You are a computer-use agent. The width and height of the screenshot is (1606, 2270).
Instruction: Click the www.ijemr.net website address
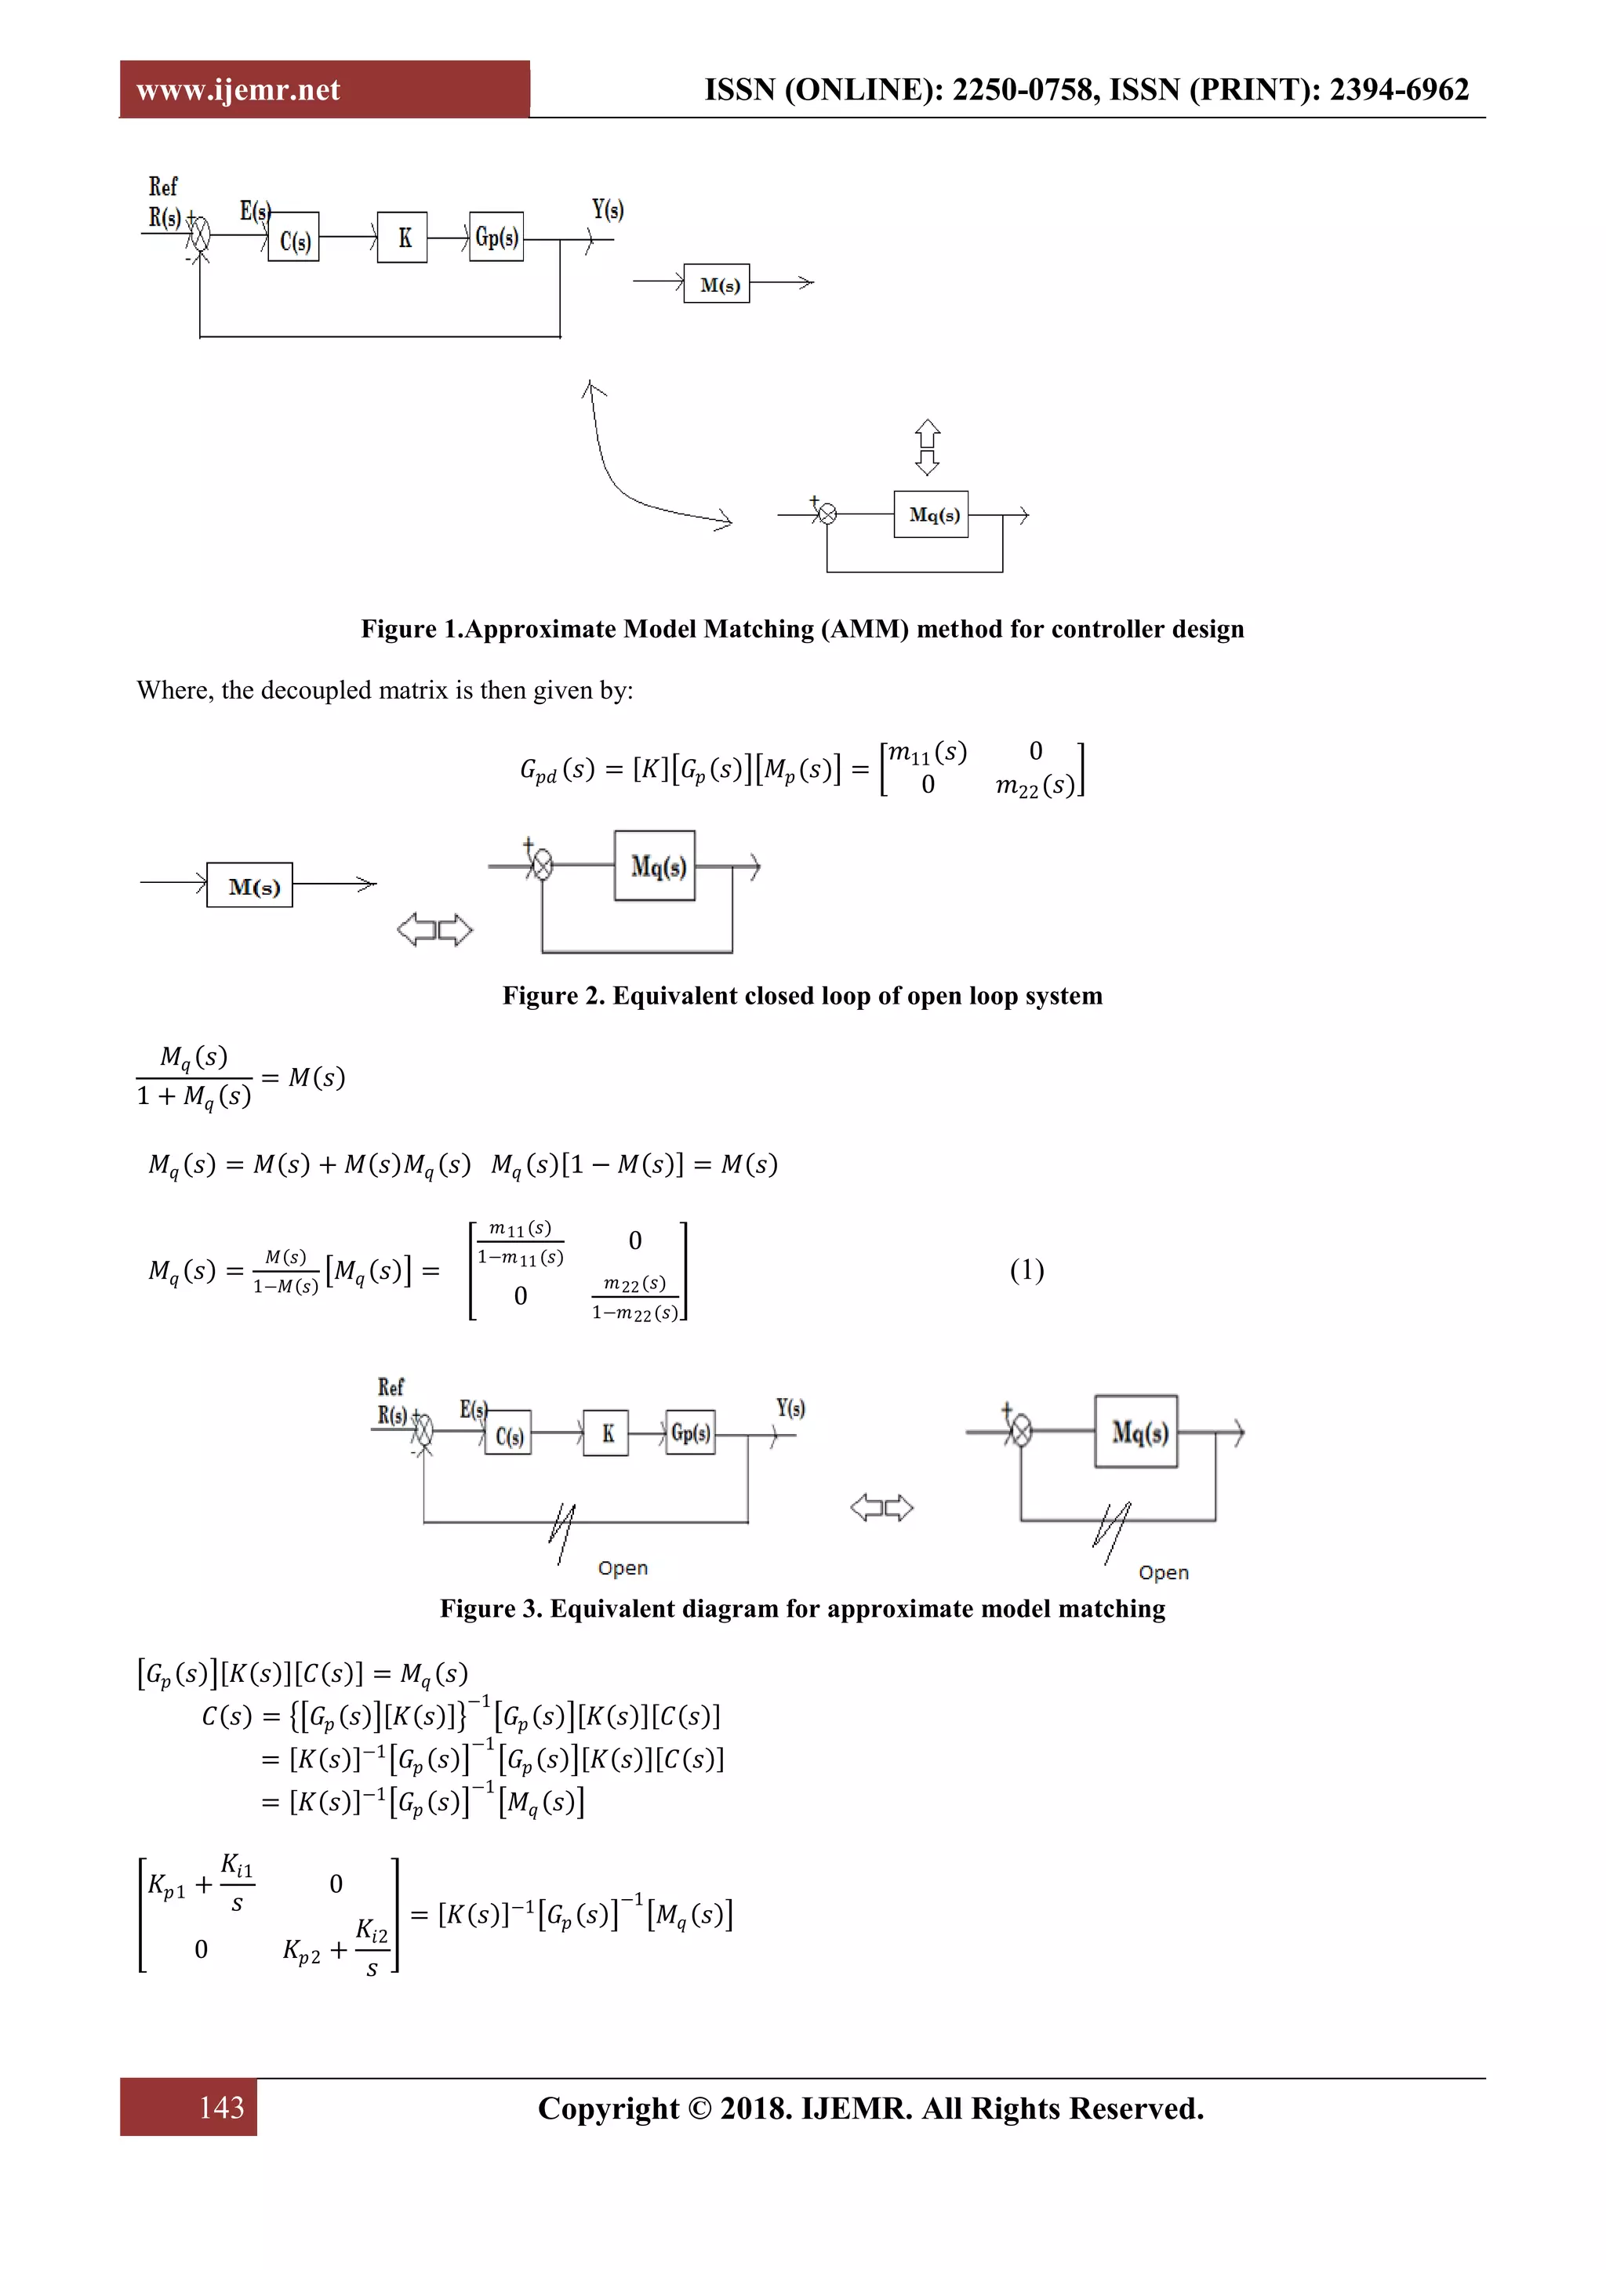pos(238,90)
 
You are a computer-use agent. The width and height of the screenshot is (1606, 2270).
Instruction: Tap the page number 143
pos(220,2107)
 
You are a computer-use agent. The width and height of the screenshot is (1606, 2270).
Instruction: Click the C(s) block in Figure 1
pos(294,238)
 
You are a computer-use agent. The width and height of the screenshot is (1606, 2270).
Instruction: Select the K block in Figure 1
pos(402,238)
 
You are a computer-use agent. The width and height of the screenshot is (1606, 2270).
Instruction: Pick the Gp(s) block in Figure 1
pos(496,238)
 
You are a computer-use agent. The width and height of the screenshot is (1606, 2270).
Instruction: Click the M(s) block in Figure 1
pos(717,284)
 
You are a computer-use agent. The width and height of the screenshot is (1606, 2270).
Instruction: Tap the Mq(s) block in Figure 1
pos(932,514)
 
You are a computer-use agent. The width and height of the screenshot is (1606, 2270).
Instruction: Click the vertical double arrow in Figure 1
pos(927,448)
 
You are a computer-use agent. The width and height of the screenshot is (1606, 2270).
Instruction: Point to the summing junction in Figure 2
pos(541,866)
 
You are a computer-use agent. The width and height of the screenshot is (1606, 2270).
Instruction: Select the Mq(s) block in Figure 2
pos(655,866)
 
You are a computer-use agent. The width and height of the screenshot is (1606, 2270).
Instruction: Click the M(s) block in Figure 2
pos(250,886)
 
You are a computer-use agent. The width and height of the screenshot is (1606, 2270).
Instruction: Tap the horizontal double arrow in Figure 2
pos(435,929)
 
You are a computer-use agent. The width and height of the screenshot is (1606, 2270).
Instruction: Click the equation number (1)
pos(1026,1269)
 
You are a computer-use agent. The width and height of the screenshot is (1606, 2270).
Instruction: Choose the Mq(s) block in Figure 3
pos(1136,1431)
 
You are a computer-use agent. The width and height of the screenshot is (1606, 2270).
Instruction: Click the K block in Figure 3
pos(606,1433)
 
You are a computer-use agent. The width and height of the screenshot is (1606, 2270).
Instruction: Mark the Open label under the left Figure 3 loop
pos(623,1568)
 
